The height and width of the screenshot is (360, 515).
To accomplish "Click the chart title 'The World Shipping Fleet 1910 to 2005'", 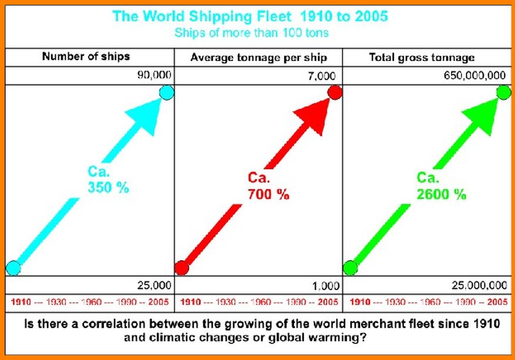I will click(x=250, y=16).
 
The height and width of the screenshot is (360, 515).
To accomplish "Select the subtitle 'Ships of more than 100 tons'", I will click(x=251, y=32).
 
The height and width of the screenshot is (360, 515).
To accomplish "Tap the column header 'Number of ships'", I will click(x=86, y=57).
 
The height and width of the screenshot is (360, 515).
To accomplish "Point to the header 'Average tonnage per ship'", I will click(x=258, y=58).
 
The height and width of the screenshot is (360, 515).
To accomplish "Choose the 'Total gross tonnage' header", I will click(x=422, y=58).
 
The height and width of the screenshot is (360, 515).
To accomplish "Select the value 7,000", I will click(x=323, y=76).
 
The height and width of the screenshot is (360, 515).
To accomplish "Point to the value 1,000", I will click(x=326, y=286).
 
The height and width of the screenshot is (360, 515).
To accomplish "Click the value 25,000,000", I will click(x=479, y=285).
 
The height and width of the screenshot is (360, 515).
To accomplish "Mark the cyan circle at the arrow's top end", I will click(x=166, y=93).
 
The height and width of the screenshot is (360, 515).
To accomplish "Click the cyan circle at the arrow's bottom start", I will click(x=13, y=268).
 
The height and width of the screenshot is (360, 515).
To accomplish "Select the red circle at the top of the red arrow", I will click(x=335, y=93).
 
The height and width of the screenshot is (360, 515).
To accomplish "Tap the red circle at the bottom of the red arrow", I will click(x=182, y=268).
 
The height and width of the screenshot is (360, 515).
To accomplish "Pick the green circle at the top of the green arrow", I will click(x=503, y=93).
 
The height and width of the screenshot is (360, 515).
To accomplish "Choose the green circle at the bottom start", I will click(x=351, y=268).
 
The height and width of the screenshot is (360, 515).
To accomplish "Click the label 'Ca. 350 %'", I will click(x=107, y=181).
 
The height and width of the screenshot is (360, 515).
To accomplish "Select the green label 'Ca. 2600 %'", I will click(x=441, y=186).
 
